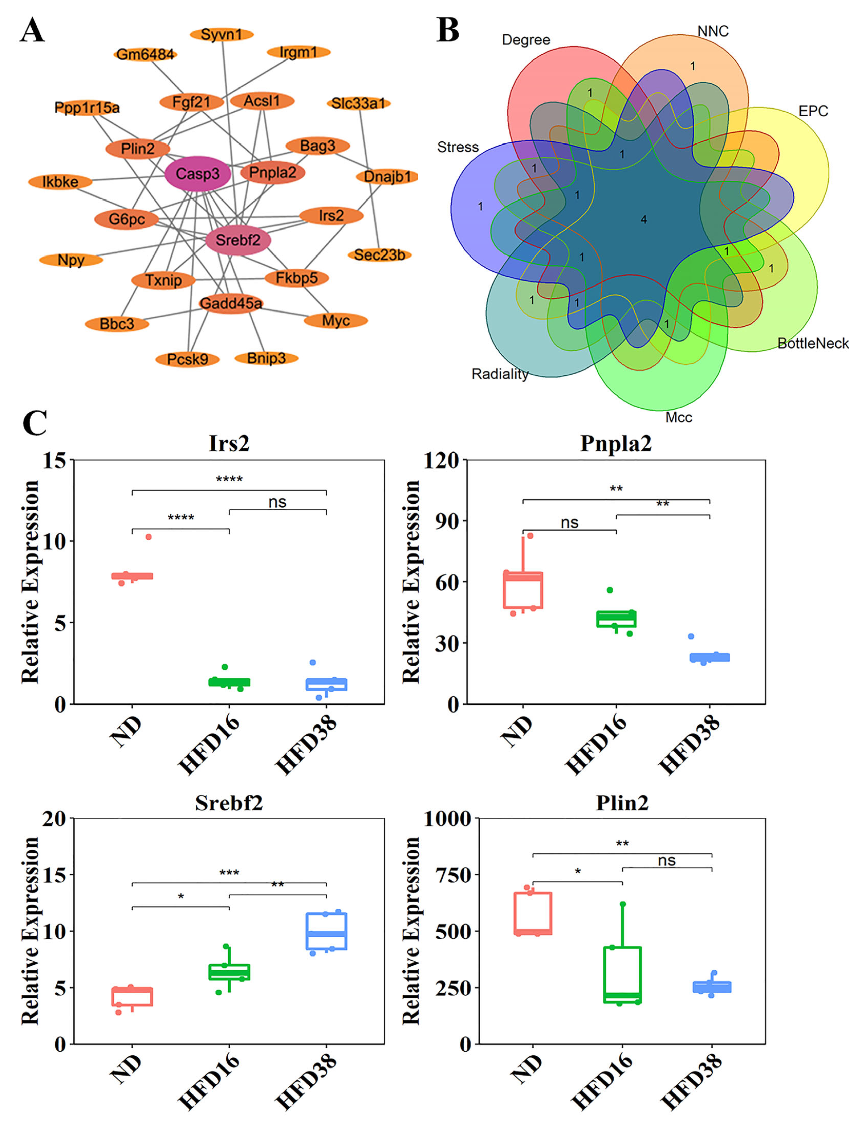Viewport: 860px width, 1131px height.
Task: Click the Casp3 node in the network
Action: (198, 174)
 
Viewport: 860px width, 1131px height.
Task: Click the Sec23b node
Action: (379, 255)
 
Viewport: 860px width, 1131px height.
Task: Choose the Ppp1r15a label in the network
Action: (87, 108)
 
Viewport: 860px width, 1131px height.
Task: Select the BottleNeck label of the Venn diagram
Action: (813, 343)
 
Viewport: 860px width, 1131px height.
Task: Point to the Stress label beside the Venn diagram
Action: (458, 147)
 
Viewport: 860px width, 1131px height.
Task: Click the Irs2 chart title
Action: (229, 443)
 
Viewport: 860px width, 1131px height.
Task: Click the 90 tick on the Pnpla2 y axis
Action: (447, 521)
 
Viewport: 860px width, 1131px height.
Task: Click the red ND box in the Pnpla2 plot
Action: (523, 590)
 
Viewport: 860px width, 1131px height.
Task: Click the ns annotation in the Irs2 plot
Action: (278, 502)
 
